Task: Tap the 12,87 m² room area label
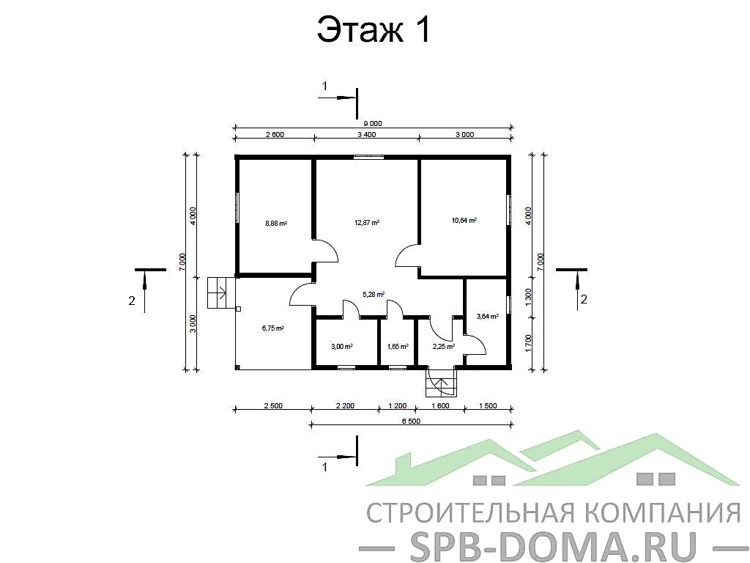click(x=367, y=222)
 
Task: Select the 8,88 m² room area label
click(x=275, y=224)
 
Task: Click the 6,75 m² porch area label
click(x=272, y=328)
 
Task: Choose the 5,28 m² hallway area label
click(x=374, y=295)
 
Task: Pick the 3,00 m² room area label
click(x=342, y=346)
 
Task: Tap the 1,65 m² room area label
click(x=397, y=346)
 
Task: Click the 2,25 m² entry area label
click(x=444, y=346)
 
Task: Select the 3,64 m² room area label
click(x=487, y=317)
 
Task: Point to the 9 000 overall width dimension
click(x=373, y=124)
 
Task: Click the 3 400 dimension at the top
click(x=366, y=134)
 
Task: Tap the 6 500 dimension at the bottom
click(x=412, y=421)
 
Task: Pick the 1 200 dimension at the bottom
click(x=397, y=405)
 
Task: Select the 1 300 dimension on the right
click(x=529, y=298)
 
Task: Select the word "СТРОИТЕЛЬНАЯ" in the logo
click(x=453, y=511)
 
